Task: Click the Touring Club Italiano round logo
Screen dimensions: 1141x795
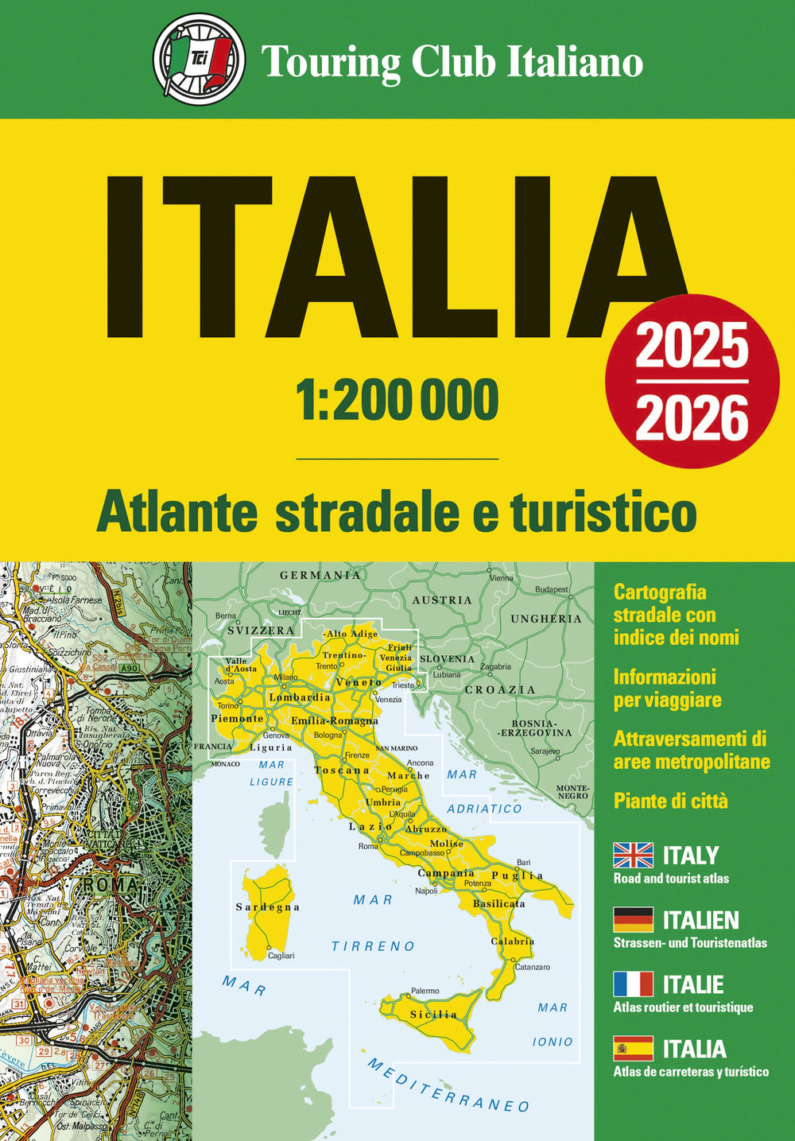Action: (199, 60)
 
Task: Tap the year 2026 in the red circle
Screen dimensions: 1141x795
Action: (692, 419)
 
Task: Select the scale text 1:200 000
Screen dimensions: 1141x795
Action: (397, 400)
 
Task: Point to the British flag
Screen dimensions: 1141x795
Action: (634, 856)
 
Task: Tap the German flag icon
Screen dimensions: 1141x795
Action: (634, 920)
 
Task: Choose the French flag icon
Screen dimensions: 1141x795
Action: (634, 984)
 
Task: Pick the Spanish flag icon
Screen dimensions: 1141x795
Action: (634, 1049)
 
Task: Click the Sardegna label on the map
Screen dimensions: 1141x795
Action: (268, 907)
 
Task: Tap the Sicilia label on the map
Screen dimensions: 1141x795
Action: (433, 1015)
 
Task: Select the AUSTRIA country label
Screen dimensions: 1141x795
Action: (442, 600)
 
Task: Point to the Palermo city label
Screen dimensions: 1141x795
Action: (425, 991)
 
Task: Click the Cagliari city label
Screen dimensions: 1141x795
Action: (281, 956)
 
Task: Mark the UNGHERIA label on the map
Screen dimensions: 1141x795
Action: (546, 619)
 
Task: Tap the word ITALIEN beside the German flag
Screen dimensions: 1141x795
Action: (700, 921)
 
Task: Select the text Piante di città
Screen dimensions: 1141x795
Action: (670, 801)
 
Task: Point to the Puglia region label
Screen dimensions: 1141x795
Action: (517, 875)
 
